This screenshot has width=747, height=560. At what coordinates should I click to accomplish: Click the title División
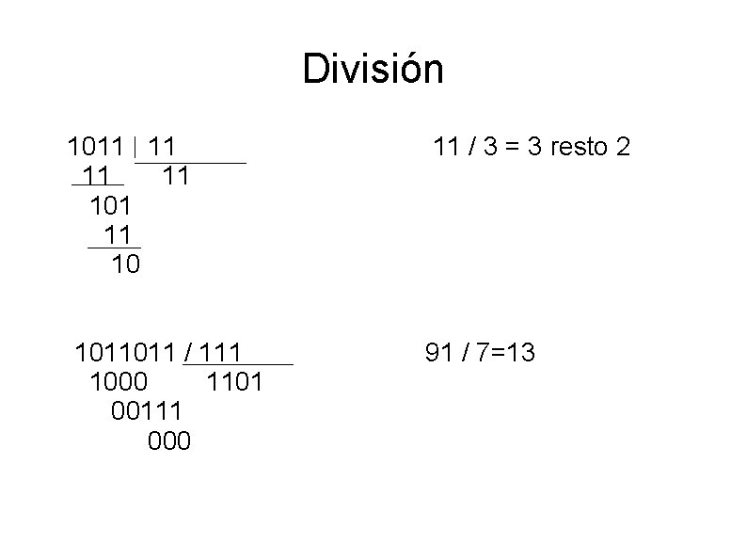click(x=373, y=70)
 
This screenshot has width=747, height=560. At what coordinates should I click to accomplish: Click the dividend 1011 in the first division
click(x=95, y=148)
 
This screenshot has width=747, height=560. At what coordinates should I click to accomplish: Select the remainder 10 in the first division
click(x=125, y=265)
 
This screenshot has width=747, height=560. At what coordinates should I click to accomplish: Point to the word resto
click(x=574, y=148)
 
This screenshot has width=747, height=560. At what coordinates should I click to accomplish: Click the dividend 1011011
click(x=125, y=353)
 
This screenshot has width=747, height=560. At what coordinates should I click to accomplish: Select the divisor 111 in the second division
click(x=222, y=353)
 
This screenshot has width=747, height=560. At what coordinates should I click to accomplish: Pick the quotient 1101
click(x=234, y=383)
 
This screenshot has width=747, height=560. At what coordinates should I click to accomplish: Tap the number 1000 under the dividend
click(x=119, y=383)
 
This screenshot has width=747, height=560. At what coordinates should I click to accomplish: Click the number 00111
click(x=147, y=412)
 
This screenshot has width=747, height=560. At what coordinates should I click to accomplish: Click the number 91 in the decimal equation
click(x=439, y=353)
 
